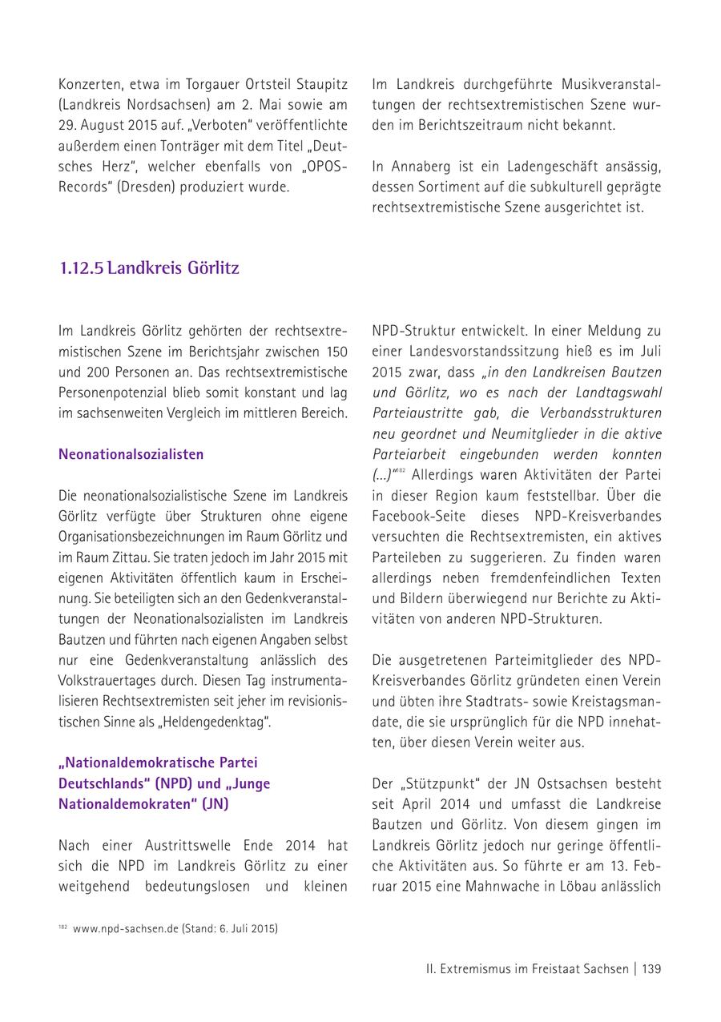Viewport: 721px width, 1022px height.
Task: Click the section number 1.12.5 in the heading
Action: [81, 268]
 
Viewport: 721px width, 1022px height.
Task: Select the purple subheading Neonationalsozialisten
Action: [131, 454]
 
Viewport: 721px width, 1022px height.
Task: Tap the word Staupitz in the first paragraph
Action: [318, 83]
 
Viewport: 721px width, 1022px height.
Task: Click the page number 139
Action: [651, 969]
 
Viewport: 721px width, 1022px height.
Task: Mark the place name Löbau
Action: [573, 887]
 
